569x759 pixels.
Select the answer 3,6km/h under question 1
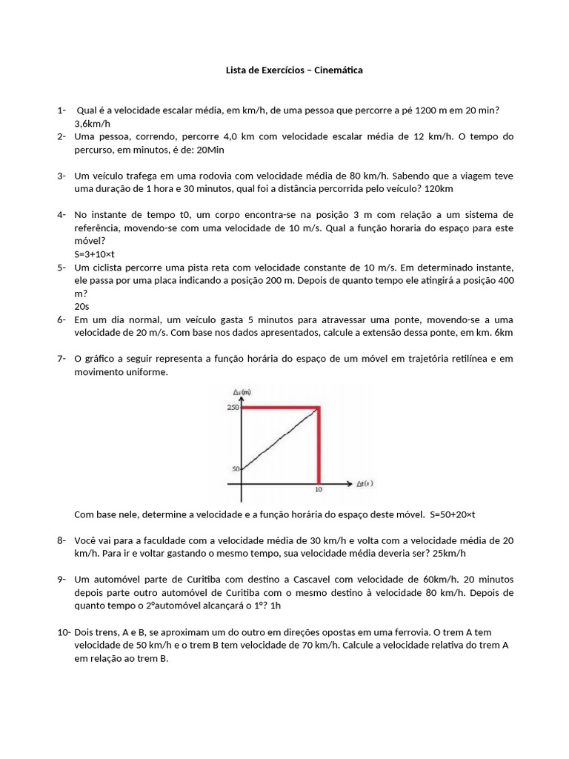[92, 124]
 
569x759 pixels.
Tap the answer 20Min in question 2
[210, 150]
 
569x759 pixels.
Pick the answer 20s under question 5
[81, 305]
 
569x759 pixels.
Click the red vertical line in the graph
[319, 445]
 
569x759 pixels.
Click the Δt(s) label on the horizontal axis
[365, 484]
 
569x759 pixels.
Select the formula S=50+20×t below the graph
[462, 514]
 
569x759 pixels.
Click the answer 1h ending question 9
[276, 606]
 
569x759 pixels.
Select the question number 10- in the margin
[62, 632]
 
